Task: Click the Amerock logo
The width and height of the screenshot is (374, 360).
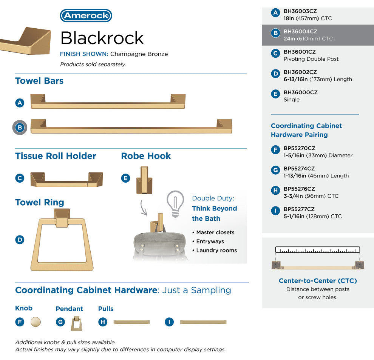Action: click(86, 15)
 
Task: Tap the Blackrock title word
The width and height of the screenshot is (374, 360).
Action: click(102, 38)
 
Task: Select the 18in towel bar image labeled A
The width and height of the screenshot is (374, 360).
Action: click(108, 102)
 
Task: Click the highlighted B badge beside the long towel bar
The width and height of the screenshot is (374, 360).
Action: click(20, 128)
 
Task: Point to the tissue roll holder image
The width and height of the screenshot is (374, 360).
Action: click(66, 180)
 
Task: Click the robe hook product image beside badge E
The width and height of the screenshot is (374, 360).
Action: click(144, 180)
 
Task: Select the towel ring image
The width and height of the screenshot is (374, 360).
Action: click(62, 240)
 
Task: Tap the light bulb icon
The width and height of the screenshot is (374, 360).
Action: click(175, 204)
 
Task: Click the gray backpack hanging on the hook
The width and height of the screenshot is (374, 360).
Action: click(159, 245)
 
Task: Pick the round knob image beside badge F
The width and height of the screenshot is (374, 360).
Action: click(36, 322)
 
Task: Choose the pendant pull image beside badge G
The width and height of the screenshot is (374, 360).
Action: click(77, 323)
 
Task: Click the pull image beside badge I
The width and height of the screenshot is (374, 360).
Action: click(203, 322)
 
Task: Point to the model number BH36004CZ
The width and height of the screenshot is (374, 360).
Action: click(300, 31)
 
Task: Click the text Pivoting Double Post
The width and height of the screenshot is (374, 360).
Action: click(311, 59)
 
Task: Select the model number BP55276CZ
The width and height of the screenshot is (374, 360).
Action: click(299, 189)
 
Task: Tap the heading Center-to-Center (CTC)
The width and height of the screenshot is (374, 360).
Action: click(318, 281)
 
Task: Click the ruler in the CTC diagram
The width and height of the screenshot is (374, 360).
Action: click(317, 250)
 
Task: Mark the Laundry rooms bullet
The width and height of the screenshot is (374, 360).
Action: click(215, 251)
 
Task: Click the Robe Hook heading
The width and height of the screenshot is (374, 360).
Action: click(146, 156)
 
